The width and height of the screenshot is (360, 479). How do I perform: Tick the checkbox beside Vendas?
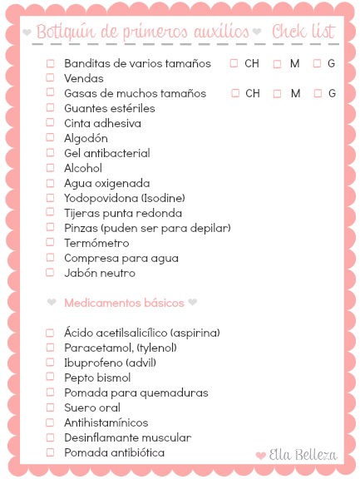click(50, 78)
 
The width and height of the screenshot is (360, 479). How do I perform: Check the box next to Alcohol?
click(50, 168)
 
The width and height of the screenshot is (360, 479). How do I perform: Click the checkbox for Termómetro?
click(50, 243)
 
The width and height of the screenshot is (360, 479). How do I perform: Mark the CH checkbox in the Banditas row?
click(234, 63)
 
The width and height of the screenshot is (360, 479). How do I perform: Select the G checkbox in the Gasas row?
click(317, 93)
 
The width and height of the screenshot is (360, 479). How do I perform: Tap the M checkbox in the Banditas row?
click(278, 63)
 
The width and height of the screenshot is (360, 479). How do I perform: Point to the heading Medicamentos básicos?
click(123, 303)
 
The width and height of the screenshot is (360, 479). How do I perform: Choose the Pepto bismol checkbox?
click(50, 378)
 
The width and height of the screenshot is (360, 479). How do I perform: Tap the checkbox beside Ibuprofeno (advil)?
click(50, 363)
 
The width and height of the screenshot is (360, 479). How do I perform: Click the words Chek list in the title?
click(303, 32)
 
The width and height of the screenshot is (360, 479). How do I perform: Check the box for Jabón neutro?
click(50, 273)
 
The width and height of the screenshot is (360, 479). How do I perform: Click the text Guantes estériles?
click(109, 108)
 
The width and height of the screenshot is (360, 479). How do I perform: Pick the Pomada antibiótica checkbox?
click(50, 452)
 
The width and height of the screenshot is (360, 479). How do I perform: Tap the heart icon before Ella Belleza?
click(261, 456)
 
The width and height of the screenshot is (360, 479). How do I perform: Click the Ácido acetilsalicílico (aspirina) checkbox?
click(50, 333)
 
